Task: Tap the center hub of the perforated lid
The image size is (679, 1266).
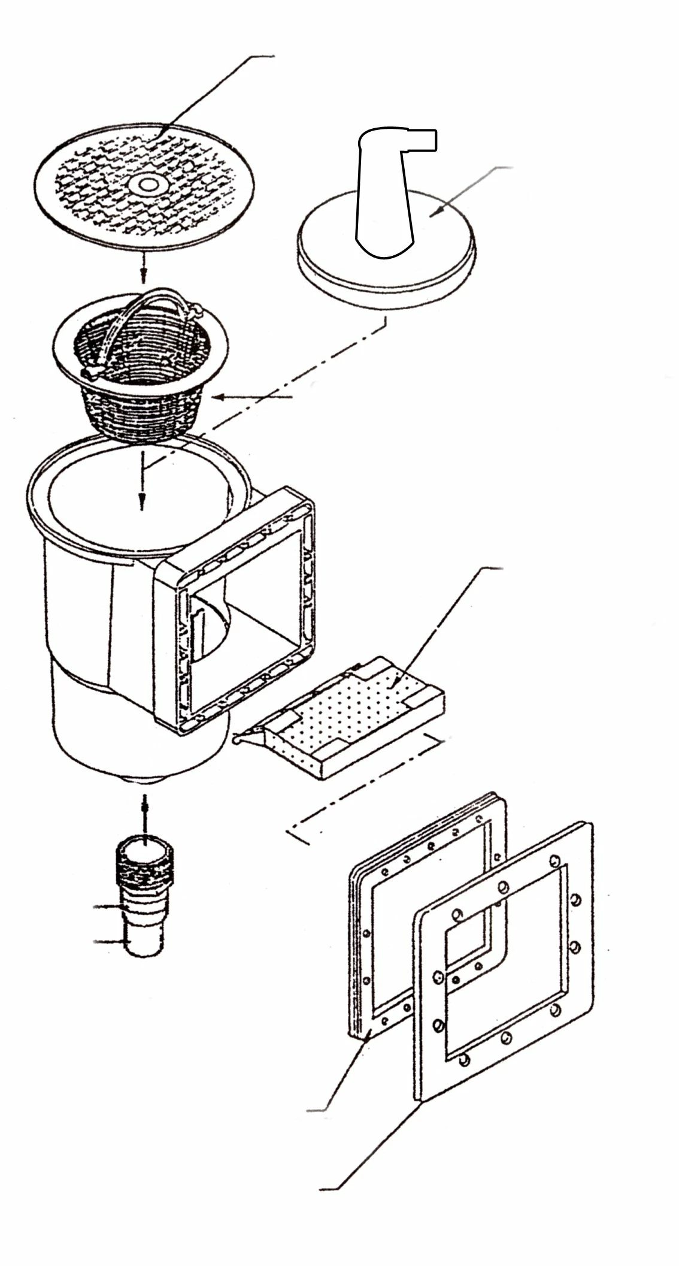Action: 144,184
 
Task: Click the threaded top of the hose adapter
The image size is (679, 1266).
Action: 144,866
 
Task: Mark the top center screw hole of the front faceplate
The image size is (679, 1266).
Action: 504,887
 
